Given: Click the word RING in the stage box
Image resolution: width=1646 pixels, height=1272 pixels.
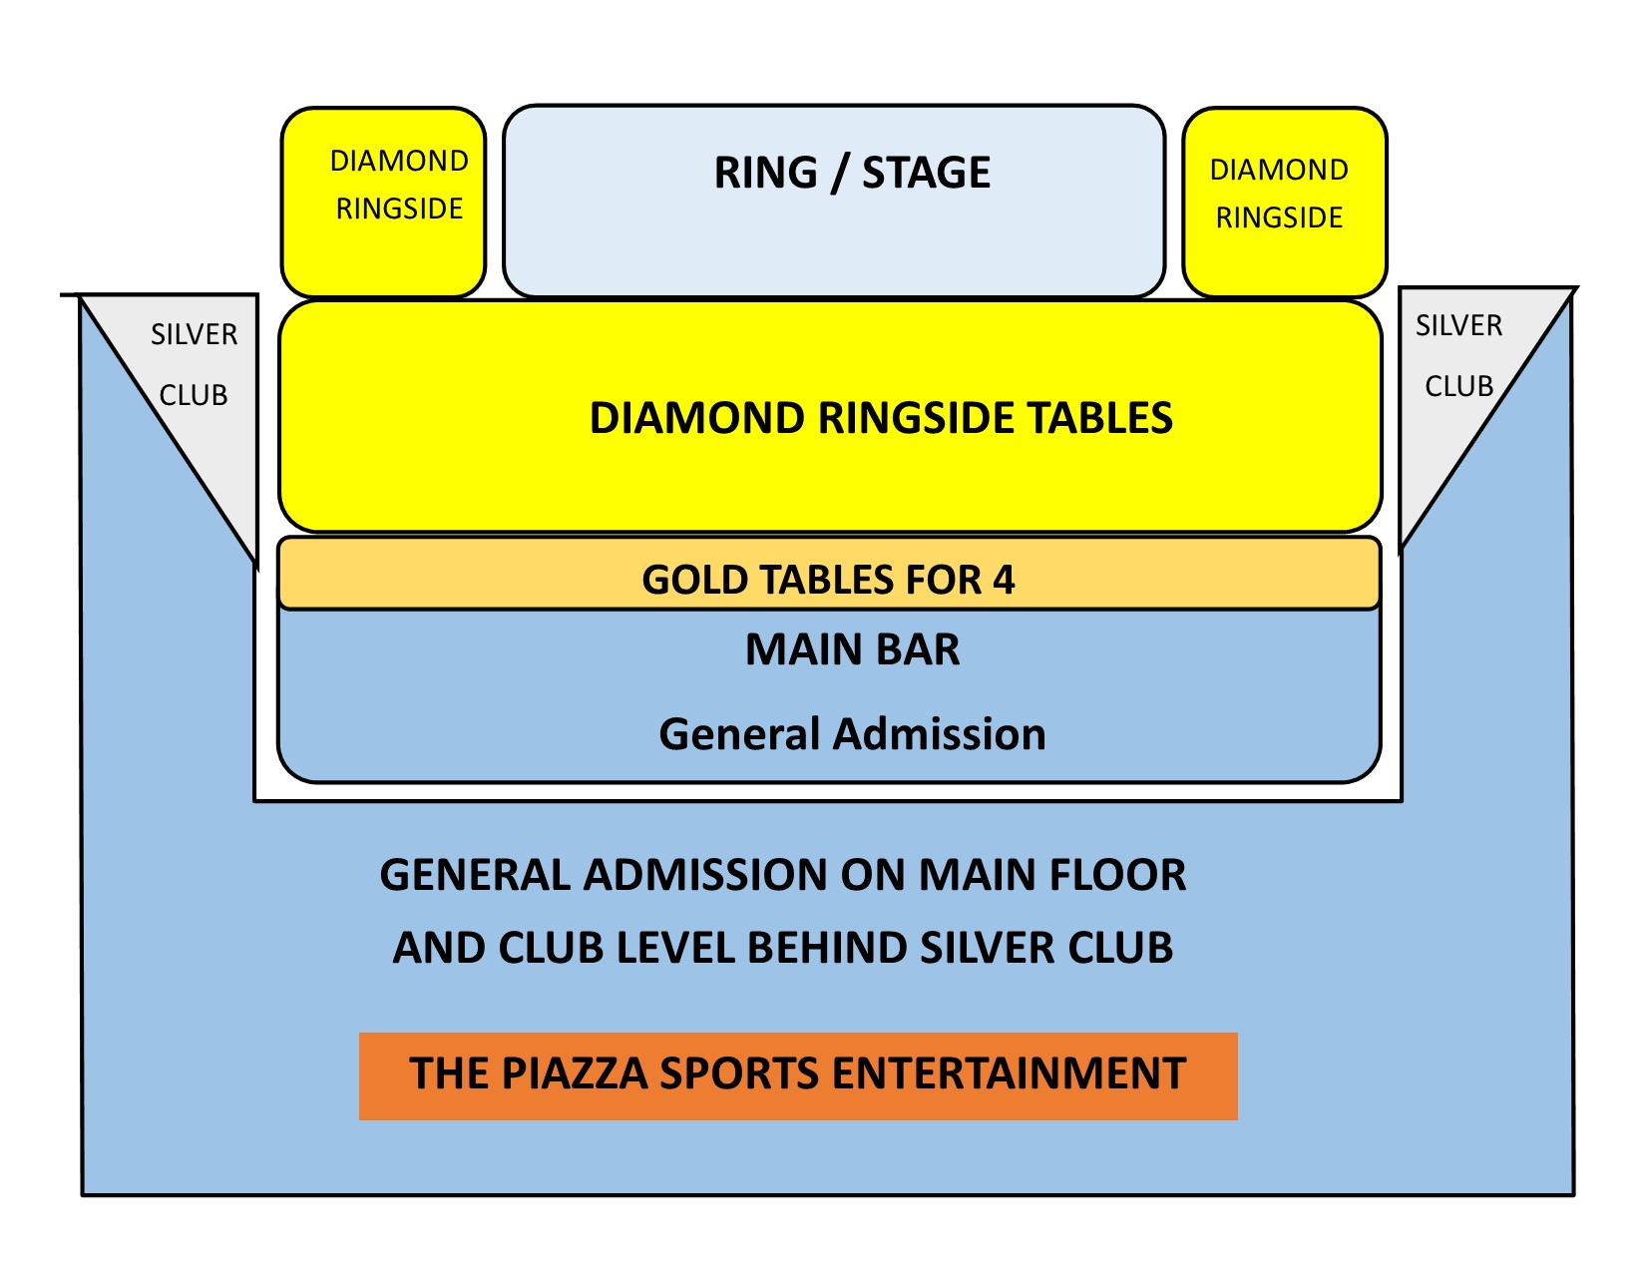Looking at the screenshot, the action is tap(765, 172).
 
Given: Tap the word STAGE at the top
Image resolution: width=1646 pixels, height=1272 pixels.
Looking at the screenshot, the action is tap(926, 172).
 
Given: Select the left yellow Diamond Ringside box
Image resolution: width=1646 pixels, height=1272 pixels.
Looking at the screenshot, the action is tap(382, 202).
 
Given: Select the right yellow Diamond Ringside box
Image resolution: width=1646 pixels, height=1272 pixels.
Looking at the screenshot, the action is tap(1284, 202).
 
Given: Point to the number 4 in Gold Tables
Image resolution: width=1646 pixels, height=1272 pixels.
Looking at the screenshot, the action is tap(1003, 580).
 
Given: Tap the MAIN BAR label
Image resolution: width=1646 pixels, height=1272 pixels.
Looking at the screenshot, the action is tap(852, 649).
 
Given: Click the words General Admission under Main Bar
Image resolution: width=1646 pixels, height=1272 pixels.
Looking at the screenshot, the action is tap(852, 734).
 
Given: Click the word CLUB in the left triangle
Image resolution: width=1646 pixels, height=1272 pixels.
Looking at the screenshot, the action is tap(194, 395).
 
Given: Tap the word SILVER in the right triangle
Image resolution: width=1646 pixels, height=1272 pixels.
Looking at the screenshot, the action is tap(1458, 326).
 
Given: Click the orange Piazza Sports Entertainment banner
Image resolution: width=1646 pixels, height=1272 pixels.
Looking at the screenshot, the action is tap(798, 1075).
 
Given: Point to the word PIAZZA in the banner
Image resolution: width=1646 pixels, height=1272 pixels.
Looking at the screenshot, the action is tap(574, 1073).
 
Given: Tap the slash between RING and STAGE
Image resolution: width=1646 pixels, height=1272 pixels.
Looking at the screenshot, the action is tap(839, 174).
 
